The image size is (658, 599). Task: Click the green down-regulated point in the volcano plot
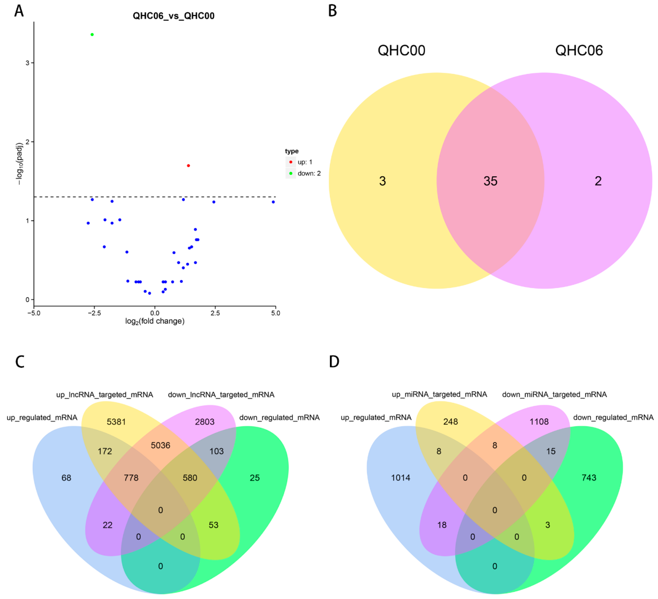[x=92, y=35]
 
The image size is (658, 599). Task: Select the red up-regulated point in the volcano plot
[x=188, y=166]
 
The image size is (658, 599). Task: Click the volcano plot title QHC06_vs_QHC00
[x=173, y=16]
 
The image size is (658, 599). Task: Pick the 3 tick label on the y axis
[x=27, y=63]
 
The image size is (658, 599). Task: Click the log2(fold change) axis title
[x=155, y=322]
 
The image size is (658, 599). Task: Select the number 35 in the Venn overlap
[x=490, y=181]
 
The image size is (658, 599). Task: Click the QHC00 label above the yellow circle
[x=401, y=50]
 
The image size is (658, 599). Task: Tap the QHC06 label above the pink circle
[x=579, y=50]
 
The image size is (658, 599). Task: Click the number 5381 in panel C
[x=116, y=422]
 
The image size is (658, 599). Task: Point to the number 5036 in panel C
[x=161, y=446]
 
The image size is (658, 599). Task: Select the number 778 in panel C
[x=131, y=478]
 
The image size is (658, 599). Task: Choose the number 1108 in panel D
[x=539, y=422]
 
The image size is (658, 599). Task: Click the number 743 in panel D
[x=589, y=478]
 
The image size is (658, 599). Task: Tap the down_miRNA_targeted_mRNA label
[x=554, y=395]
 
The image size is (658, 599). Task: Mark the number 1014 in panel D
[x=400, y=478]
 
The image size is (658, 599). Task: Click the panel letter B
[x=332, y=11]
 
